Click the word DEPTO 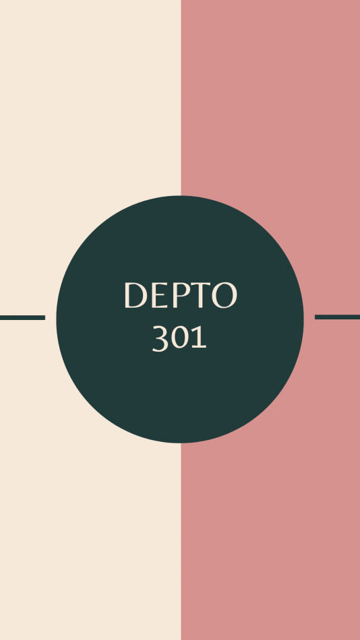180,295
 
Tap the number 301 179,338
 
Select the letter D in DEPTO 136,295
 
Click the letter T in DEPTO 201,295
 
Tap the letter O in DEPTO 225,295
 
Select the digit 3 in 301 160,338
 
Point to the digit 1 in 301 200,338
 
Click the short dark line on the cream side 22,317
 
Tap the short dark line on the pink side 337,317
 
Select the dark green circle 180,319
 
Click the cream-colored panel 90,531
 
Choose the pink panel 270,531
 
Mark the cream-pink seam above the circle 181,98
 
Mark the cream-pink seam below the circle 181,542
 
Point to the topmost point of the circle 180,196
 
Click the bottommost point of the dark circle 180,443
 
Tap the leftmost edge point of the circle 57,319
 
